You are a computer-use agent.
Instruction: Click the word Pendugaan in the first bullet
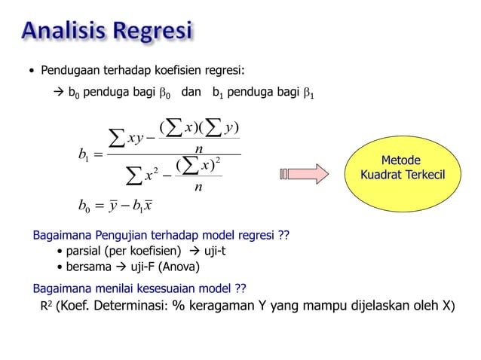click(69, 72)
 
